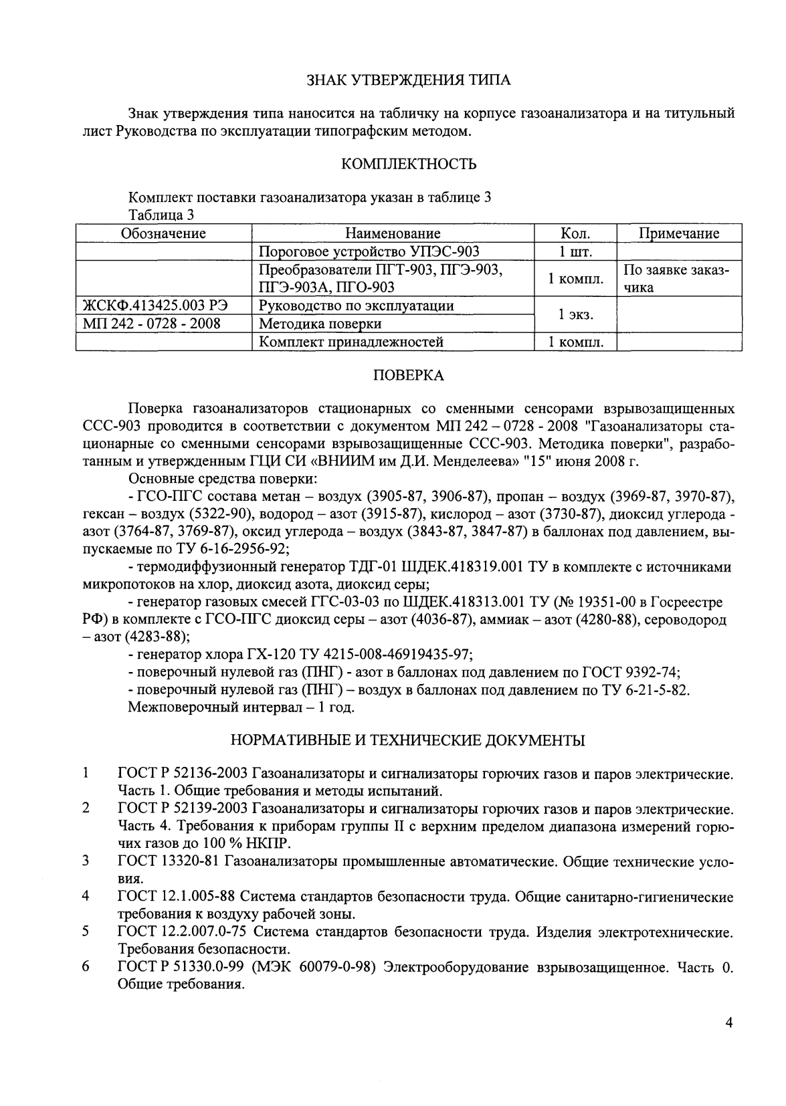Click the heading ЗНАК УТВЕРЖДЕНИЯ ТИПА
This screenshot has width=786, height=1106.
408,81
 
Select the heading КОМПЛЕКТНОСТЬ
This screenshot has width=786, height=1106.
409,164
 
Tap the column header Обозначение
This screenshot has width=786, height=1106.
163,233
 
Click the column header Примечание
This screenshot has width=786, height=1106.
679,233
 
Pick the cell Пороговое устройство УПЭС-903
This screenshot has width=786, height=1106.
369,251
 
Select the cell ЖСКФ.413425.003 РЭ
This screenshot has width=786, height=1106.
155,306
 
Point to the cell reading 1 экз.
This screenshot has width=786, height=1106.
575,314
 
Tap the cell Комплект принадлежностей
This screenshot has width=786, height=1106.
351,342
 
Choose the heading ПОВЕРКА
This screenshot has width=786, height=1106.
408,376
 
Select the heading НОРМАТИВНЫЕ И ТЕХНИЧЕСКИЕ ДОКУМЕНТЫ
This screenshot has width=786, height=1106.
408,740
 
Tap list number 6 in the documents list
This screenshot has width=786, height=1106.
86,968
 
